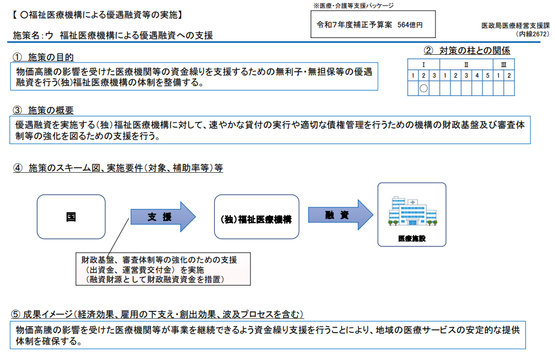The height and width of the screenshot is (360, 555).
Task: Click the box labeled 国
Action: point(71,217)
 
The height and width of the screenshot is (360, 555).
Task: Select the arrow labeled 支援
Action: point(163,217)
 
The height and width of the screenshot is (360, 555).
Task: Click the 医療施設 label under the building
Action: point(411,238)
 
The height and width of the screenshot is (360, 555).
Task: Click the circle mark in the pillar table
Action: point(424,88)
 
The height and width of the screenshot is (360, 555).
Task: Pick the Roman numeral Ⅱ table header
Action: point(467,64)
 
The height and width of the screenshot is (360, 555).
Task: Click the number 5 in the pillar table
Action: point(487,75)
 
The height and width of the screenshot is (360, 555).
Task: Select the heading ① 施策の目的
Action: point(42,58)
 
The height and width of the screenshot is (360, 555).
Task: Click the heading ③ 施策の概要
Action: point(42,110)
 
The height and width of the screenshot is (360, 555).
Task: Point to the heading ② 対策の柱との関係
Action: point(467,51)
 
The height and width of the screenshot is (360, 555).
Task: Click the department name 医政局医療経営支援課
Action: point(515,26)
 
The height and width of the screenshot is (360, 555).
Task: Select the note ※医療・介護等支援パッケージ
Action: point(353,6)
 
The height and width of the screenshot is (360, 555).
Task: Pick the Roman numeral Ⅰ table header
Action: point(424,64)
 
